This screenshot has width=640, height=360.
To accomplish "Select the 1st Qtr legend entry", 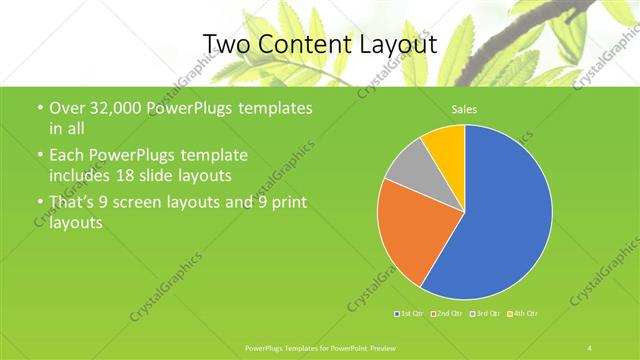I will pos(410,313).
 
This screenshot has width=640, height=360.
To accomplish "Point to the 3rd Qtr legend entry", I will pos(485,313).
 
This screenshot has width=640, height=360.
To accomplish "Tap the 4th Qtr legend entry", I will pos(524,313).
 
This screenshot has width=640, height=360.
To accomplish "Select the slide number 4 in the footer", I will pos(590,347).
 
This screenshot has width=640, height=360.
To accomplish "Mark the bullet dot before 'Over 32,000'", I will pos(39,108).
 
